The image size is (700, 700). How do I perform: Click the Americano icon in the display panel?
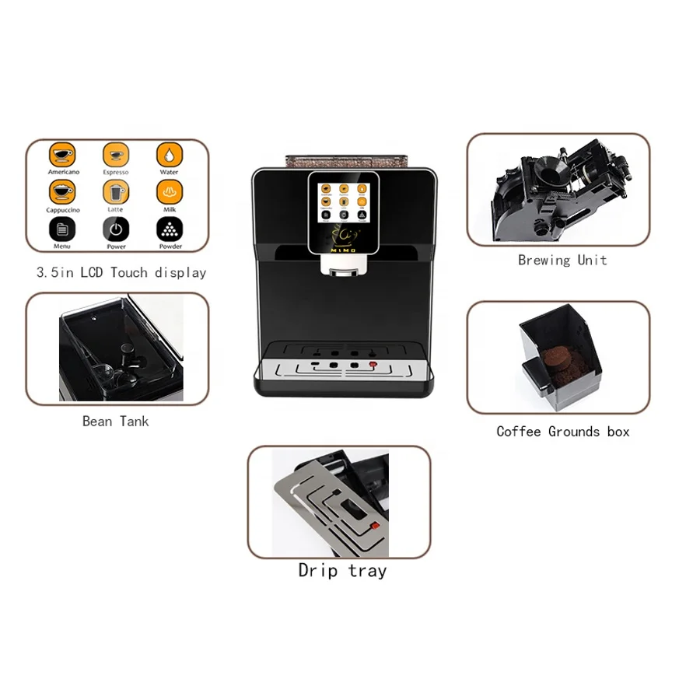tap(63, 153)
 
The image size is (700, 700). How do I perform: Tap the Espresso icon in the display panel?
tap(115, 153)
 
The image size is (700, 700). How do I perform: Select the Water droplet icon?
tap(169, 153)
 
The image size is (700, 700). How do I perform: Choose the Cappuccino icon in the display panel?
tap(63, 191)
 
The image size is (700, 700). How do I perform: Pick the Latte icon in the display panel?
tap(115, 191)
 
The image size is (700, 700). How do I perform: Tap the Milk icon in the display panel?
tap(169, 191)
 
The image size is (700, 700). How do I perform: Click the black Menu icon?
tap(63, 229)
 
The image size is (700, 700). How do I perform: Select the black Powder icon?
tap(170, 229)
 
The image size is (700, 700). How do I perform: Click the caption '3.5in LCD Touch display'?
tap(121, 272)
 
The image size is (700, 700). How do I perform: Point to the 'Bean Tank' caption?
tap(115, 421)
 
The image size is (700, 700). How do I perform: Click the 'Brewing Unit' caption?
tap(562, 260)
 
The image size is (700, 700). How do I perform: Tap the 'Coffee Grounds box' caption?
tap(563, 431)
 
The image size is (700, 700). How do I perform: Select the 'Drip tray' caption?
tap(342, 570)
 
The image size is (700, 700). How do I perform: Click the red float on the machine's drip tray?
tap(373, 363)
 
